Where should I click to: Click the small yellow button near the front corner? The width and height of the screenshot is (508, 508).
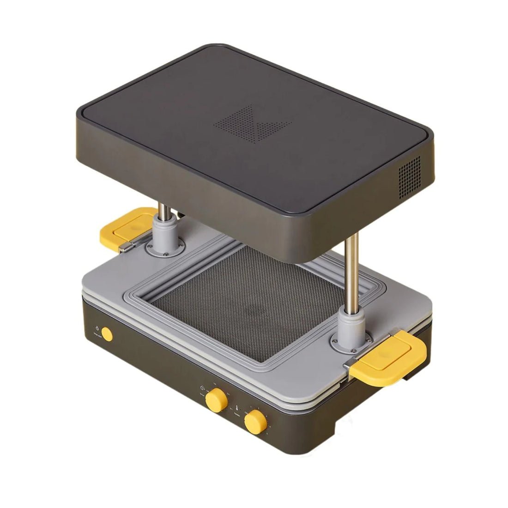pyautogui.click(x=107, y=334)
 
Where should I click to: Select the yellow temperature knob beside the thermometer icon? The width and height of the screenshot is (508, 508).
pyautogui.click(x=253, y=422)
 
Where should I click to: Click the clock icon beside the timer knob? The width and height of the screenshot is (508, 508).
pyautogui.click(x=202, y=388)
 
